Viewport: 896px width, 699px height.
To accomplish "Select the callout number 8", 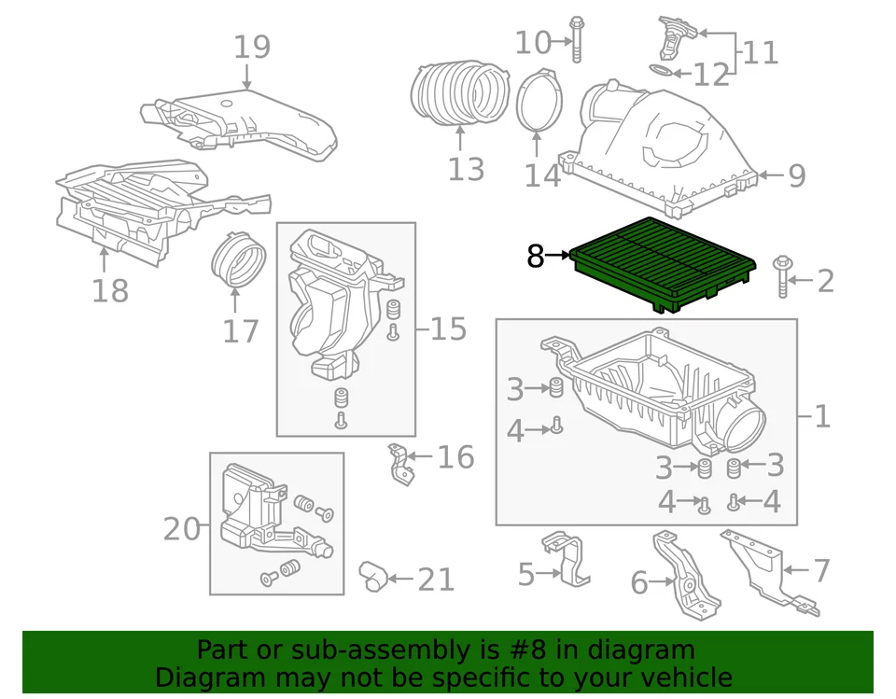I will tap(535, 255).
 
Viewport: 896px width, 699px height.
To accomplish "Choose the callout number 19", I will tap(251, 47).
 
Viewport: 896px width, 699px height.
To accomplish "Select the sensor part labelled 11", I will tap(671, 36).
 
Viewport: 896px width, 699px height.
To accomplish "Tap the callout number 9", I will tap(796, 175).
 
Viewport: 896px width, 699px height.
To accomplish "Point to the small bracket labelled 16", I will tap(400, 465).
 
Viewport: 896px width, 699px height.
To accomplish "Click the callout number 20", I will tap(182, 529).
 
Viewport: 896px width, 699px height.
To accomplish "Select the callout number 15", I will tap(448, 329).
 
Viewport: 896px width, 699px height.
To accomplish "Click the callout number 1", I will tap(821, 416).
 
